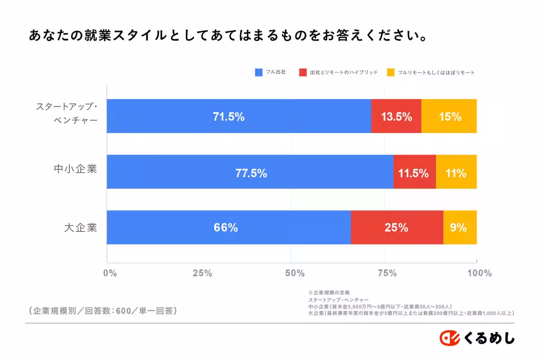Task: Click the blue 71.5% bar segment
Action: click(x=238, y=116)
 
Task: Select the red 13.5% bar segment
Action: click(x=396, y=116)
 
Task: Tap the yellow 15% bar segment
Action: click(x=449, y=116)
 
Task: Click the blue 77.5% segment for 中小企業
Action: click(x=250, y=172)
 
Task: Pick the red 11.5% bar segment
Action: click(x=414, y=172)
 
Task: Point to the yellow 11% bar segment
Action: click(x=456, y=172)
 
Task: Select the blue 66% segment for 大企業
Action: click(x=229, y=227)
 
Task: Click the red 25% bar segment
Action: click(x=397, y=227)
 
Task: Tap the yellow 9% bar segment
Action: click(x=460, y=227)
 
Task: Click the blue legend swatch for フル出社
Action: click(x=258, y=72)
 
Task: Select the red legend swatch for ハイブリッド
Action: click(x=302, y=72)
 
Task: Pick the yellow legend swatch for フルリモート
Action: click(x=391, y=72)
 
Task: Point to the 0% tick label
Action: click(x=110, y=273)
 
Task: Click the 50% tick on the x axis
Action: click(x=295, y=273)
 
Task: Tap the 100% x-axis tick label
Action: click(x=479, y=273)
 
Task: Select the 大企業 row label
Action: click(x=81, y=228)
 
